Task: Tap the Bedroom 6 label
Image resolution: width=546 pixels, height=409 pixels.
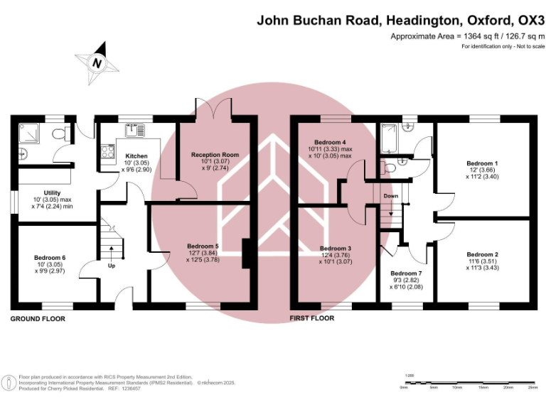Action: [49, 258]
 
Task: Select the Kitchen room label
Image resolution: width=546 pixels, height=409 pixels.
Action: [136, 156]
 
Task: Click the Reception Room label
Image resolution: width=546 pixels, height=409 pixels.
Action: [215, 154]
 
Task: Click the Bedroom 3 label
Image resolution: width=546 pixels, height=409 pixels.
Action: [336, 249]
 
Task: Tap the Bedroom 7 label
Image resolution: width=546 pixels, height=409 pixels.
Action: [407, 273]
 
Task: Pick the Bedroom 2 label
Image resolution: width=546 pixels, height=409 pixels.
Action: [482, 254]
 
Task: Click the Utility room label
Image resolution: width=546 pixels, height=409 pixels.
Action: [53, 193]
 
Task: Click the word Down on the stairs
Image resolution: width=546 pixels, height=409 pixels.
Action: [391, 196]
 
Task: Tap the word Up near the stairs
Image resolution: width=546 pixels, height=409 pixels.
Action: [112, 266]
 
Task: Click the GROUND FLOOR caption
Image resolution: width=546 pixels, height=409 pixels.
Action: [38, 319]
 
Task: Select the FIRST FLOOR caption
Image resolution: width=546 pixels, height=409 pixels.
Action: [311, 318]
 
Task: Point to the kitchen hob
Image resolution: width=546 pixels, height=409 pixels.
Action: [108, 151]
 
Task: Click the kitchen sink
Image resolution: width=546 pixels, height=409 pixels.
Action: [134, 130]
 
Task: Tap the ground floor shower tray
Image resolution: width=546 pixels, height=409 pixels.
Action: [31, 133]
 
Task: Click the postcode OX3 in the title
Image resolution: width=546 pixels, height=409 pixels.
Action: [528, 20]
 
